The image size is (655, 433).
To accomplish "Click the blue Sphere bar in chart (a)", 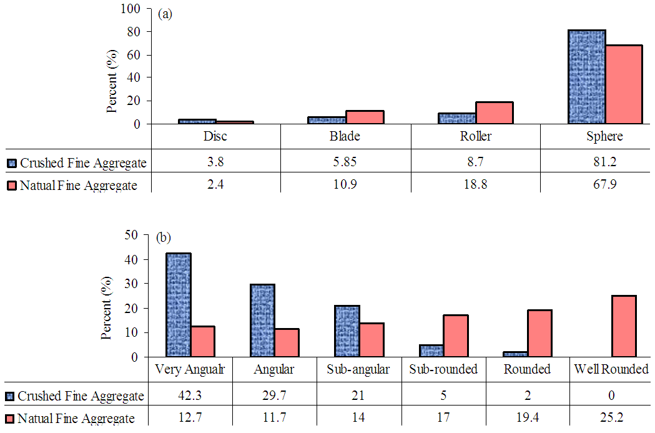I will coord(586,77).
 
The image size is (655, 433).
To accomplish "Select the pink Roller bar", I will coord(494,113).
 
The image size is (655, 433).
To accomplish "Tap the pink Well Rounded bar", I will coord(623,326).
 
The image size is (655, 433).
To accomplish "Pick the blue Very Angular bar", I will coord(178,305).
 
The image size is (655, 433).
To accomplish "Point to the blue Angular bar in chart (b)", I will coord(262,321).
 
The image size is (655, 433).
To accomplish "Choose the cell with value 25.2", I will coord(611,418).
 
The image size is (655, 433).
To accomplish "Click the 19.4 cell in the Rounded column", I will coord(527,418).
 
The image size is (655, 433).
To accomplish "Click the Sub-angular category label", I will coord(358,369).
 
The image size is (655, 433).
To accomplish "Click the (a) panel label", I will coord(165,14).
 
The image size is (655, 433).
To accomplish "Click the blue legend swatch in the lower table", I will coord(9,396).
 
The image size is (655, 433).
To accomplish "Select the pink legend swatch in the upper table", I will coord(12,186).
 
